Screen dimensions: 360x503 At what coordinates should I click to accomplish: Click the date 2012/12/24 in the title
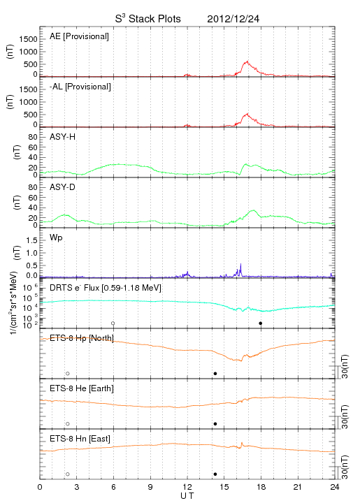pos(233,19)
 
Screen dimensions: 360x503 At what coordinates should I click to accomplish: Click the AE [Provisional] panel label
pos(79,36)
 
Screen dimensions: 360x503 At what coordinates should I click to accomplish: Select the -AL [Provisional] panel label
pos(80,87)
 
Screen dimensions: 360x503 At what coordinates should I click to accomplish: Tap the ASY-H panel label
pos(63,137)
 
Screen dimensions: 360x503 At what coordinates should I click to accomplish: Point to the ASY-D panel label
pos(63,187)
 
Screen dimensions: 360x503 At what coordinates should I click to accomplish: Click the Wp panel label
pos(56,238)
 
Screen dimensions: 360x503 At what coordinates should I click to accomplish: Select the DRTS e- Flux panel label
pos(106,288)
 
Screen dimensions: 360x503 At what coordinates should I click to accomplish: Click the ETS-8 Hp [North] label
pos(82,338)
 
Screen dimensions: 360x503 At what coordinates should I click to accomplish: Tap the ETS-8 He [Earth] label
pos(82,388)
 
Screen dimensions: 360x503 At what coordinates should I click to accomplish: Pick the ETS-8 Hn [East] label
pos(80,439)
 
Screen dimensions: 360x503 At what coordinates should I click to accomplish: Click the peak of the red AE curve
pos(247,61)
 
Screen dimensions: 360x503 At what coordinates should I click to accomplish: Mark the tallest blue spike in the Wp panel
pos(240,264)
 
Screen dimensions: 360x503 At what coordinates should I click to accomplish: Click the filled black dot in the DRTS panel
pos(261,323)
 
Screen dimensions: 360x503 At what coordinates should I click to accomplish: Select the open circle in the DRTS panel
pos(113,323)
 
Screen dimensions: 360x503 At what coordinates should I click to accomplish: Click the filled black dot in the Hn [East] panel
pos(215,474)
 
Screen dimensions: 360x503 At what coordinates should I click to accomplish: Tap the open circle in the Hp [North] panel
pos(68,374)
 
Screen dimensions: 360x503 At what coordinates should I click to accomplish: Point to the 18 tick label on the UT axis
pos(261,487)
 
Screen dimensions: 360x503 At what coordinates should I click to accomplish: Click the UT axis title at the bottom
pos(187,496)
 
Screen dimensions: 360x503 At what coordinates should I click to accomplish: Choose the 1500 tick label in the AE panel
pos(28,39)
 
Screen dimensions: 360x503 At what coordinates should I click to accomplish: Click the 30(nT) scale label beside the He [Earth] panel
pos(345,416)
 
